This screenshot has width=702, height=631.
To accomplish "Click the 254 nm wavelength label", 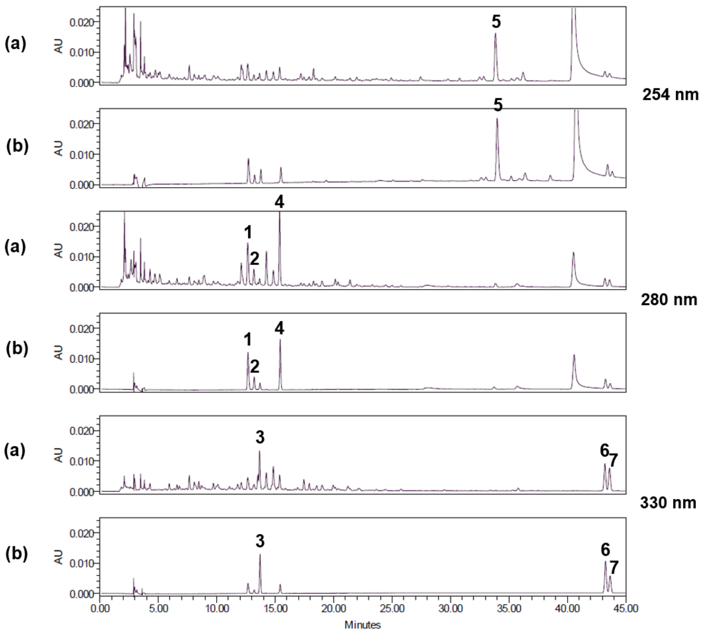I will pos(670,95).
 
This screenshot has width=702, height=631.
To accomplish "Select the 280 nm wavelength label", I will pos(669,300).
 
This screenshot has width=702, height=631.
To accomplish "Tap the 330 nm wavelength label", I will pos(668,503).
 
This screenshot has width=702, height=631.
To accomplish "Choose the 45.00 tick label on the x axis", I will pos(625,609).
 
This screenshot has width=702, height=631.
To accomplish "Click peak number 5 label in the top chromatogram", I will pos(496,22).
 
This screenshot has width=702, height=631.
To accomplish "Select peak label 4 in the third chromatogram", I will pos(279,202).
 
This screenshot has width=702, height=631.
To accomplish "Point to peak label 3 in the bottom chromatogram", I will pos(260,541).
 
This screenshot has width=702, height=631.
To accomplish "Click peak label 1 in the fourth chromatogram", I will pos(247,339).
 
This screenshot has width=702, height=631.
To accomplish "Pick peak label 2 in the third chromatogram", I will pos(254,259).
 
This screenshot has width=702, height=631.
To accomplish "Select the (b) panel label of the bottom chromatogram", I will pos(17,554).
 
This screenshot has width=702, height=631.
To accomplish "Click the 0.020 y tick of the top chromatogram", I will pos(82,22).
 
